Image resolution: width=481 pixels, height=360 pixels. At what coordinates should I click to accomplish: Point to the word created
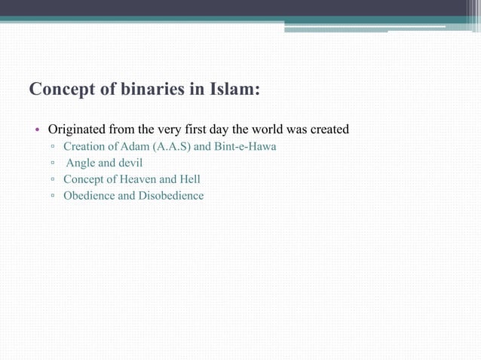tap(327, 130)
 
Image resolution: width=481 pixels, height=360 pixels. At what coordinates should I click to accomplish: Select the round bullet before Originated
tap(37, 130)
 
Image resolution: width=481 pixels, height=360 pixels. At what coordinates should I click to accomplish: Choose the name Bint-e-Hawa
tap(246, 146)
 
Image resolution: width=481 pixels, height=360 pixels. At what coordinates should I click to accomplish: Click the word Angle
tap(81, 163)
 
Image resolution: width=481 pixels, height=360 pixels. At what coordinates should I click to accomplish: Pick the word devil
tap(129, 163)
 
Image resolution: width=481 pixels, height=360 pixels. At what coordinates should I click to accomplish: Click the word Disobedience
tap(171, 196)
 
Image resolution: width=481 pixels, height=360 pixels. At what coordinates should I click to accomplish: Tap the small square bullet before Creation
tap(53, 147)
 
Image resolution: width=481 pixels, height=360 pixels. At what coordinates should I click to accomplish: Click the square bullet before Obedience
tap(53, 197)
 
